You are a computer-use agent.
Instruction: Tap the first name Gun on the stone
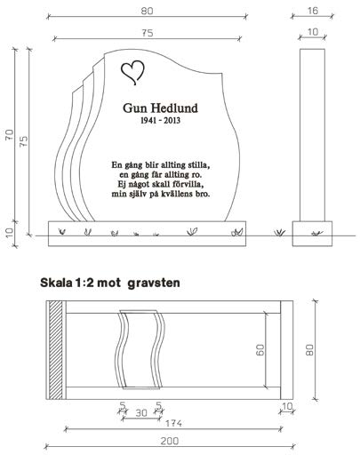[133, 108]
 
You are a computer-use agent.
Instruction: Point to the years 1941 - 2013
[160, 120]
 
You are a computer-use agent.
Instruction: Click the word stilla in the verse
[199, 165]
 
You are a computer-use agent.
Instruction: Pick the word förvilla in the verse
[189, 184]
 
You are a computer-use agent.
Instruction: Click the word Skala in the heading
[56, 283]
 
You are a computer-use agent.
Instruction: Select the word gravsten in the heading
[154, 283]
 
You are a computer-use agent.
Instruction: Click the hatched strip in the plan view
[56, 350]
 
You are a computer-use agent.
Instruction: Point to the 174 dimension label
[173, 423]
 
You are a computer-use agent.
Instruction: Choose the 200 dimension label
[170, 441]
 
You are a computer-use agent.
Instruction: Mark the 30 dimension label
[141, 412]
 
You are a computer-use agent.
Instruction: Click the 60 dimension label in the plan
[260, 350]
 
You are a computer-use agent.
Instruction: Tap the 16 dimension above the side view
[313, 11]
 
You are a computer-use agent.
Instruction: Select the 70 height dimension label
[9, 135]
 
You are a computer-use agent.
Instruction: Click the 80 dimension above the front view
[147, 11]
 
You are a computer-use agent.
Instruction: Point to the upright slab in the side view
[312, 135]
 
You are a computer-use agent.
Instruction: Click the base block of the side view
[312, 234]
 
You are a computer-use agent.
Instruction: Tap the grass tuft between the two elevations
[279, 233]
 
